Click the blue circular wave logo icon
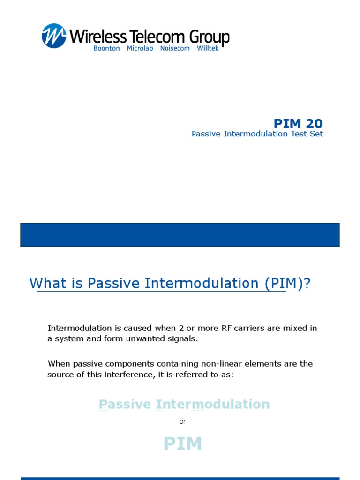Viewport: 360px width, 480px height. tap(54, 36)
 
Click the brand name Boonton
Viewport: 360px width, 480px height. tap(107, 48)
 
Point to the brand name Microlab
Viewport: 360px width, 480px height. tap(140, 48)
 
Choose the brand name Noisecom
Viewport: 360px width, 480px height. tap(175, 48)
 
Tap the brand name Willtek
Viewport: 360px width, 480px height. tap(208, 48)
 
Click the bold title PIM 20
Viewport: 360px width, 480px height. tap(298, 123)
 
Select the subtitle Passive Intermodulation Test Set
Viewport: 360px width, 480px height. tap(257, 134)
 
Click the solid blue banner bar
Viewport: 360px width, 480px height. tap(180, 235)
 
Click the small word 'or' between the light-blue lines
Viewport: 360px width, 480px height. tap(182, 421)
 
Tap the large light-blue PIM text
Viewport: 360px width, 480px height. tap(182, 443)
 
